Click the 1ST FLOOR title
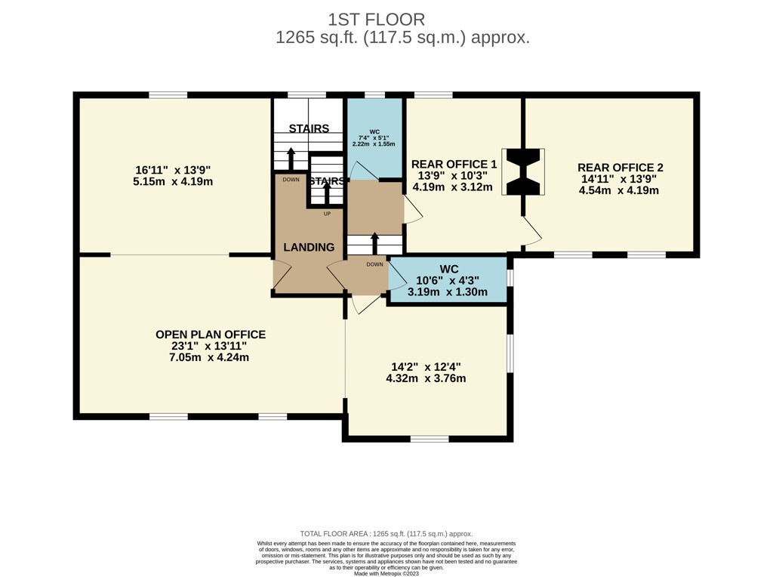click(376, 20)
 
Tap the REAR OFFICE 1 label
click(454, 164)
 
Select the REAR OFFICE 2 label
click(621, 168)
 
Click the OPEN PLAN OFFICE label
click(211, 335)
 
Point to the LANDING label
click(309, 247)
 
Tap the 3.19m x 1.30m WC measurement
click(448, 292)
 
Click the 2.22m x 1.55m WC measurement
click(374, 144)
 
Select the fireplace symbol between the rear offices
click(523, 171)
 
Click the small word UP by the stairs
click(327, 214)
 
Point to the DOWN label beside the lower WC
click(374, 264)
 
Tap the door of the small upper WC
click(364, 171)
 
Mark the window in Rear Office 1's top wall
click(433, 94)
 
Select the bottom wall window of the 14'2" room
click(430, 439)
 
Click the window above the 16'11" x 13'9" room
click(168, 94)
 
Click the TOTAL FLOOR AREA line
click(386, 534)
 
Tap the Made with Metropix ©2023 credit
click(386, 573)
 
